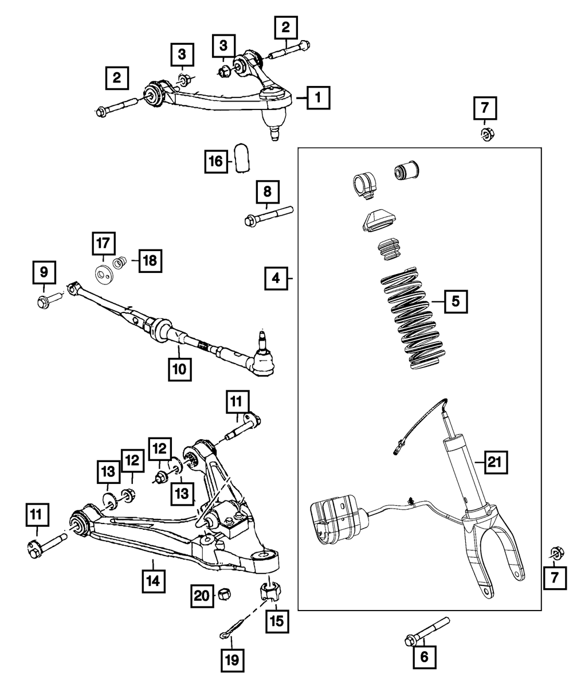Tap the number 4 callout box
click(x=276, y=279)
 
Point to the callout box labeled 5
click(x=456, y=301)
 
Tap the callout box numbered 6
click(x=424, y=657)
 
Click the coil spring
click(x=411, y=318)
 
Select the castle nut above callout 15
click(x=270, y=591)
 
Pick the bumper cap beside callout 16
click(x=243, y=158)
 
